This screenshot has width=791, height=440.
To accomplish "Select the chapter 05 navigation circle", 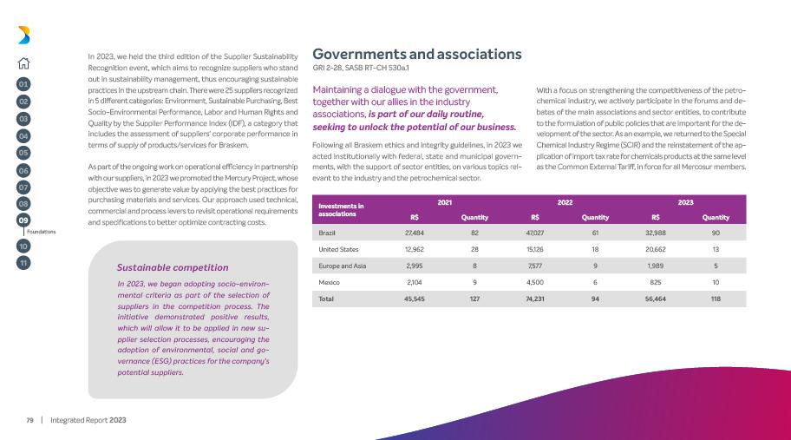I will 24,153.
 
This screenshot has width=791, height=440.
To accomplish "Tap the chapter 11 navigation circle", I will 24,261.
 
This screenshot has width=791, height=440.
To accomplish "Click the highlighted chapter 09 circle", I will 24,220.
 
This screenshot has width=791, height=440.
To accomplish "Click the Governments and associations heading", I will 417,54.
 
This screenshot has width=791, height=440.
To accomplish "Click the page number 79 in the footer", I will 29,420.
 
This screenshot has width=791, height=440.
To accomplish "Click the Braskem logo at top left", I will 24,35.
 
